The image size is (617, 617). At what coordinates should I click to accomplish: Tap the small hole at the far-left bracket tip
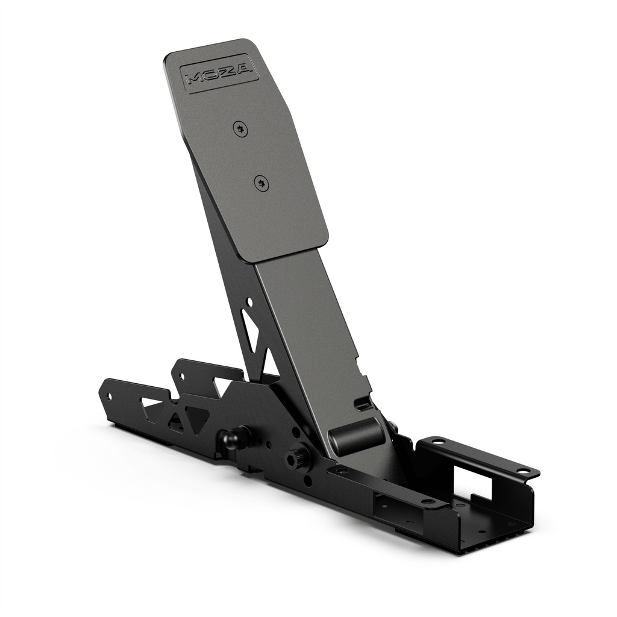(x=109, y=396)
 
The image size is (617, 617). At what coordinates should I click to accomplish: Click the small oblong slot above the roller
(x=363, y=402)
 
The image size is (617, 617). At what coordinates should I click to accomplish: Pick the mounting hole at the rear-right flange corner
(x=522, y=471)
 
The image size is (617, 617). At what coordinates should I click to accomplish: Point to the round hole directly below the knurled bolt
(x=308, y=480)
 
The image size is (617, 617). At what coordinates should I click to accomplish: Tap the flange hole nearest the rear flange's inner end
(x=437, y=441)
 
